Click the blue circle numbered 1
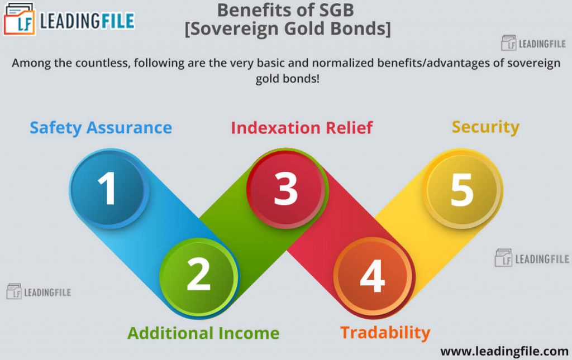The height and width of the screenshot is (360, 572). tap(108, 188)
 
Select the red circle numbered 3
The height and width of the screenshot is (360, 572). tap(286, 188)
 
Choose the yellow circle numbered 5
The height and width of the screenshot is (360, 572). tap(462, 188)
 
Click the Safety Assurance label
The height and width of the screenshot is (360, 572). tap(101, 128)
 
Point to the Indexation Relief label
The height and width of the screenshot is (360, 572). tap(302, 128)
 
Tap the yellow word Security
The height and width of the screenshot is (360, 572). tap(485, 127)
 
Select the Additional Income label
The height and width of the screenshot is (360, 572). tap(203, 333)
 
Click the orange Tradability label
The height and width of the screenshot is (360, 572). tap(385, 333)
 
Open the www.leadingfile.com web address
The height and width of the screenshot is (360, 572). tap(504, 351)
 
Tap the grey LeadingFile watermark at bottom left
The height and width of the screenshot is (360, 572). tap(39, 292)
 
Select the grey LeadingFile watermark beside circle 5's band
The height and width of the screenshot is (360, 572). tap(532, 258)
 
